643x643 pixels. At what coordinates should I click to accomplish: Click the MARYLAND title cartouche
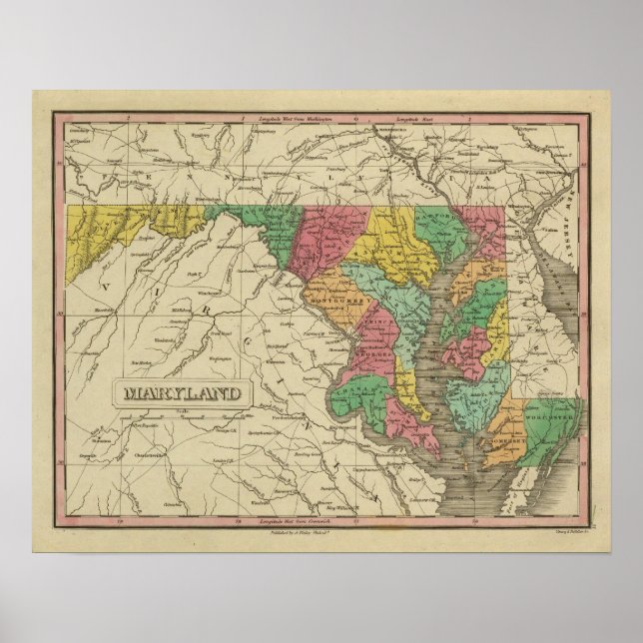click(182, 390)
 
